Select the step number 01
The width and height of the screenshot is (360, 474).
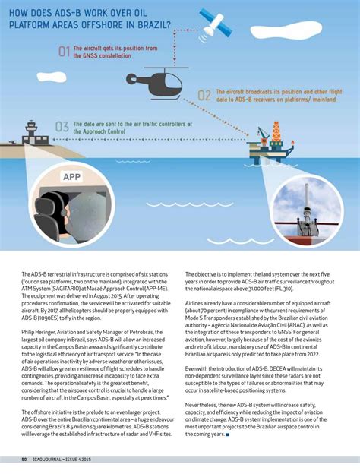(64, 52)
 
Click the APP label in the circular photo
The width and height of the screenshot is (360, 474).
(71, 177)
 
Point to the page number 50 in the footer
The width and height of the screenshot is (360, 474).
(24, 459)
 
